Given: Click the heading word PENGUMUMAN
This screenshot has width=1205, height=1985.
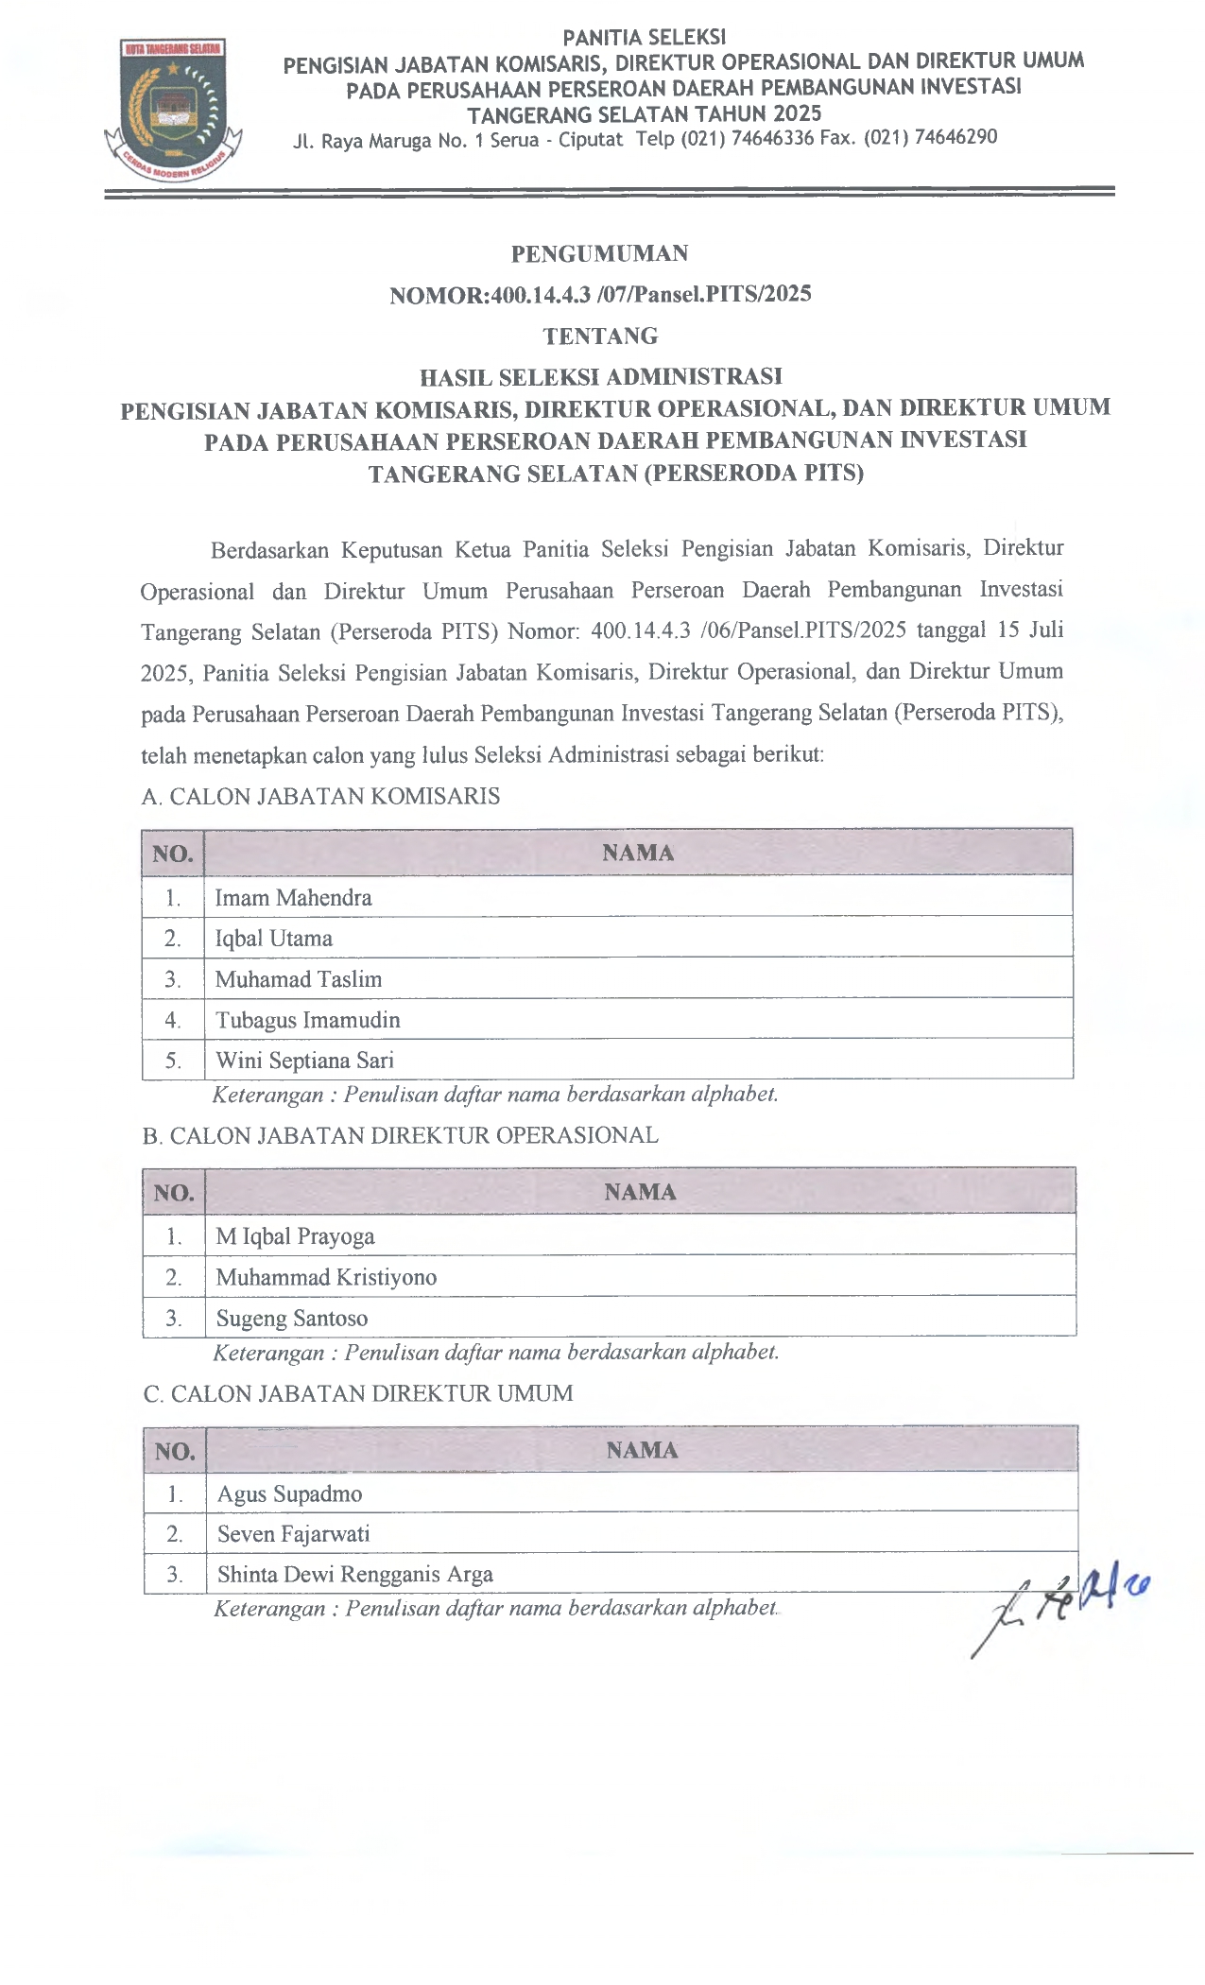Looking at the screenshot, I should click(x=599, y=253).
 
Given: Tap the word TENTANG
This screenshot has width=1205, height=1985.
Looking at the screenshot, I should click(x=600, y=336).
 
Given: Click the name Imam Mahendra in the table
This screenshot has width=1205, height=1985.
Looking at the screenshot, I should click(x=293, y=897).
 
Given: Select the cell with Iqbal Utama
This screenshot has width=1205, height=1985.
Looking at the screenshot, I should click(x=274, y=938).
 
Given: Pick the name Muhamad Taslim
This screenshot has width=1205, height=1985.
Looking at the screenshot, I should click(x=299, y=979).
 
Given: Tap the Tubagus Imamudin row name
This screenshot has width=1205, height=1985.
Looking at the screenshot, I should click(x=308, y=1020).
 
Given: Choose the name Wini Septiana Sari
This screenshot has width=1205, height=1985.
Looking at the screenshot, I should click(x=304, y=1060).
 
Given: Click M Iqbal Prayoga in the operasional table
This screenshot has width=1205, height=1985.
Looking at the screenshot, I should click(x=295, y=1235).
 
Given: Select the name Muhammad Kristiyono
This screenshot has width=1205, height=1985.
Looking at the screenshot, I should click(x=326, y=1277).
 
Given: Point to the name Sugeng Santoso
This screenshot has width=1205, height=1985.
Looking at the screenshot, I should click(x=292, y=1318).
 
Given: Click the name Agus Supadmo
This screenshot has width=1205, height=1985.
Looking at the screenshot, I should click(x=290, y=1493).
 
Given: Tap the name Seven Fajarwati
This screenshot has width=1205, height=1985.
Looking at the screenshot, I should click(x=294, y=1533).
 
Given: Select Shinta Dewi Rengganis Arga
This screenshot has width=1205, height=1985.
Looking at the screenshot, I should click(x=355, y=1574).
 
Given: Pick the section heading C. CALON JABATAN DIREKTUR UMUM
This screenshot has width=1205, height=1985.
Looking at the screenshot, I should click(x=358, y=1393).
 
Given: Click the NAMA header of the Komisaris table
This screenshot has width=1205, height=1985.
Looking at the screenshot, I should click(x=638, y=853).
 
